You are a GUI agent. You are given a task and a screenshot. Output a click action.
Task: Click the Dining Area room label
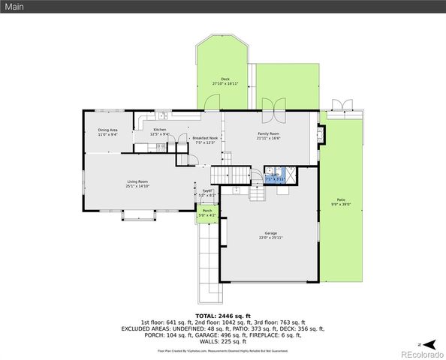pyautogui.click(x=108, y=132)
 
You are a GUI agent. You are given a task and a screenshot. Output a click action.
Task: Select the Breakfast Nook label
pyautogui.click(x=204, y=140)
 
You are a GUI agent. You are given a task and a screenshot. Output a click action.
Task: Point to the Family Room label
pyautogui.click(x=268, y=136)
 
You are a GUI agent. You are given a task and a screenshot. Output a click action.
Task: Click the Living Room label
pyautogui.click(x=137, y=183)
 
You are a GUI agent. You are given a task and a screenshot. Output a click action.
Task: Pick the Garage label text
pyautogui.click(x=270, y=235)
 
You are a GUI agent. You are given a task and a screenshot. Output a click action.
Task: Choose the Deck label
pyautogui.click(x=225, y=81)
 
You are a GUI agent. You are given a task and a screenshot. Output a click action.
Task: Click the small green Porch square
pyautogui.click(x=207, y=213)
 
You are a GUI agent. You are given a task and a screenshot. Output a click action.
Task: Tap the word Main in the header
pyautogui.click(x=14, y=6)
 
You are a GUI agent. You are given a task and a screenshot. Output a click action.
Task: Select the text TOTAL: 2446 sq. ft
pyautogui.click(x=222, y=316)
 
